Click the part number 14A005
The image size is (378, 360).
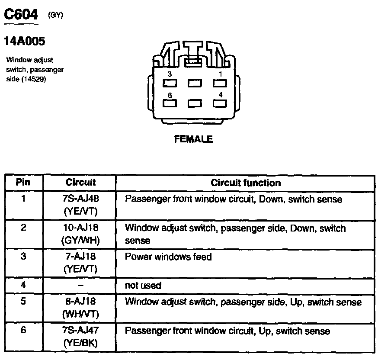pos(24,42)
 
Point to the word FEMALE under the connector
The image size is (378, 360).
pos(193,139)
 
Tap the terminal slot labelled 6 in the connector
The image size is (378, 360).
pos(170,103)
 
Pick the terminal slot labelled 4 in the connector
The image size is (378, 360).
pos(220,103)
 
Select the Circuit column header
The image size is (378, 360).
pos(80,183)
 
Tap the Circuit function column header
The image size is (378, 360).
pos(246,183)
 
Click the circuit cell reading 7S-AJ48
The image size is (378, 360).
pos(81,199)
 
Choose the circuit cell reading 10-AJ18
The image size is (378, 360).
pos(81,228)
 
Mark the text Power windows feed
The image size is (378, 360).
pos(168,257)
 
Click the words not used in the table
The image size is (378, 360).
pos(143,286)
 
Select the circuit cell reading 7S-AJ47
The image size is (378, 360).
pos(81,331)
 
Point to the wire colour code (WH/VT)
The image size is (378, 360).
pos(80,314)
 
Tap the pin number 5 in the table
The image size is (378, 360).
pos(23,302)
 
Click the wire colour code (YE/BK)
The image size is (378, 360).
pos(80,343)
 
